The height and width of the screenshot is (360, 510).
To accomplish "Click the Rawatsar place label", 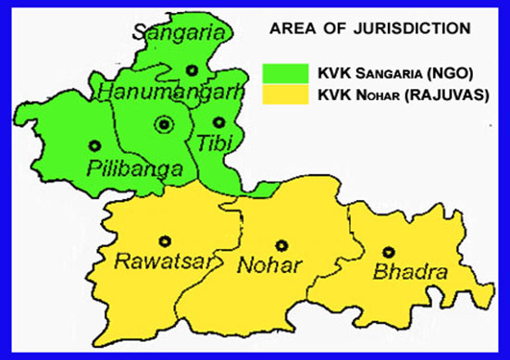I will tap(162, 262).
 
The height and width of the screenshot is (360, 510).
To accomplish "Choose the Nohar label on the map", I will tap(270, 267).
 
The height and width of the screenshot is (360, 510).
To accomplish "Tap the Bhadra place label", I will tap(410, 272).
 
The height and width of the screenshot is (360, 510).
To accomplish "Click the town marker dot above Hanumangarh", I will tap(191, 69).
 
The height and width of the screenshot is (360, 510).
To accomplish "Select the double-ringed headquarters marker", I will tap(165, 123).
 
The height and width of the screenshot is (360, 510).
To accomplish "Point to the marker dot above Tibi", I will tap(218, 121).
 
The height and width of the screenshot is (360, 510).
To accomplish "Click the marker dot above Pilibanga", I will tap(94, 144).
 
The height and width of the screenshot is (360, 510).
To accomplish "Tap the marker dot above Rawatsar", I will tap(165, 241).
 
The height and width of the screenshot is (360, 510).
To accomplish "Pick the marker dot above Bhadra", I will tap(389, 252).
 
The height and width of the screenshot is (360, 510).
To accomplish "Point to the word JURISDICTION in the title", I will tap(410, 29).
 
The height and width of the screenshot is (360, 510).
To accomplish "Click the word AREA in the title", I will tap(291, 29).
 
